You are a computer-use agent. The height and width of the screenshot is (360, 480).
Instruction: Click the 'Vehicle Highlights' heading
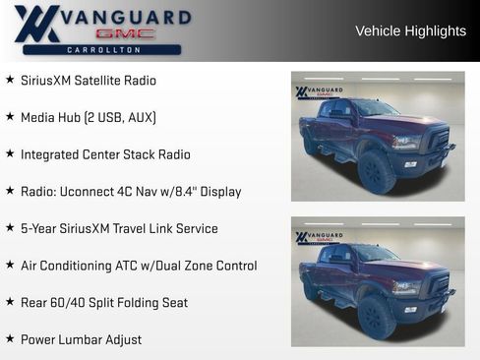tap(410, 30)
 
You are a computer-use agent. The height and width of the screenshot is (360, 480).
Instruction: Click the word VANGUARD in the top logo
tap(126, 17)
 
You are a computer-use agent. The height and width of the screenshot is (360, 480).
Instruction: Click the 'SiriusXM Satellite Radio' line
tap(89, 80)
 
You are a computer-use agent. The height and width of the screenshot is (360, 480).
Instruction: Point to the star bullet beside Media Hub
tap(10, 117)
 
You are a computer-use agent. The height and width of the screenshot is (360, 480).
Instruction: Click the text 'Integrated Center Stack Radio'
tap(105, 154)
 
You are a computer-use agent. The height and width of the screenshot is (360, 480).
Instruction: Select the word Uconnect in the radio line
tap(89, 192)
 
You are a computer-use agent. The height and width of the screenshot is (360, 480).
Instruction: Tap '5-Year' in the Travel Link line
tap(39, 228)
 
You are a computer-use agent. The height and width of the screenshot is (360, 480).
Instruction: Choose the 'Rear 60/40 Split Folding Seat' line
tap(104, 303)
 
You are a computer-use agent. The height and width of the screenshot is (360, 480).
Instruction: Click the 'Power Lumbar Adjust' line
tap(81, 339)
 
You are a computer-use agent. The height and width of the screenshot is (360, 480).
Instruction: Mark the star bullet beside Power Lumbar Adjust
tap(10, 339)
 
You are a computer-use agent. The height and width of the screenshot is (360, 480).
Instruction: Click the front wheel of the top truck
tap(377, 172)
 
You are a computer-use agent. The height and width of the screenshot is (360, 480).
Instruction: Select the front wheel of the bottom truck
tap(377, 318)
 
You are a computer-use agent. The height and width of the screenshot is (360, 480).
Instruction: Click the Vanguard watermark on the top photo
tap(319, 92)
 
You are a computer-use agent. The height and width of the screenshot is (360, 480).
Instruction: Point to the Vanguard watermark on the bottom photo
tap(319, 238)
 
